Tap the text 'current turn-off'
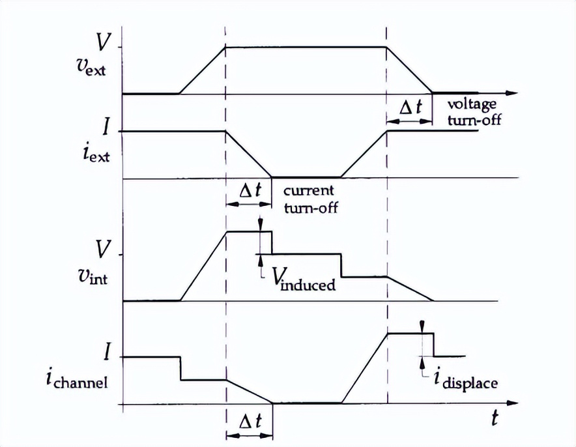(310, 199)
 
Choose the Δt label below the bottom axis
(249, 422)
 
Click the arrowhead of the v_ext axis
(514, 94)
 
